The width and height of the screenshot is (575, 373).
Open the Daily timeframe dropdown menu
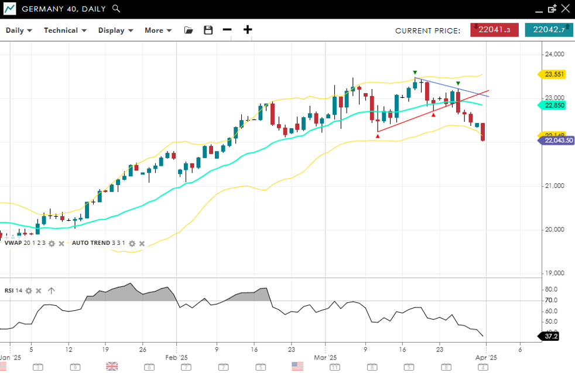click(19, 30)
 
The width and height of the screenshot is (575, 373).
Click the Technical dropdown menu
click(65, 30)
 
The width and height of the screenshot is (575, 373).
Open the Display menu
click(115, 30)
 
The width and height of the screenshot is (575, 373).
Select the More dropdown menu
click(158, 30)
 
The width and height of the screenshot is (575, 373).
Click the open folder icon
click(189, 30)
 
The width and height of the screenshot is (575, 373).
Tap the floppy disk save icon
click(208, 30)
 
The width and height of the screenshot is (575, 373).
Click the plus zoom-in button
click(248, 30)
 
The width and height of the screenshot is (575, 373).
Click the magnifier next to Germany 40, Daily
click(117, 9)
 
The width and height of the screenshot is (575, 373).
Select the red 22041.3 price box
click(494, 30)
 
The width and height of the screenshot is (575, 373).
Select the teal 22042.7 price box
click(549, 30)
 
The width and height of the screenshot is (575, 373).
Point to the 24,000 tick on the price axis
click(554, 54)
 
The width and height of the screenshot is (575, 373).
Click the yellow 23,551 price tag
click(554, 74)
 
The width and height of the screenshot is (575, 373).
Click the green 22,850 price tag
click(554, 105)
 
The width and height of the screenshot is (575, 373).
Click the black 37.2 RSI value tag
click(551, 337)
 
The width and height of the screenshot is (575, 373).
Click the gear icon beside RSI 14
click(28, 290)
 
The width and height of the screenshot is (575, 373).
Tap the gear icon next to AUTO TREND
click(132, 243)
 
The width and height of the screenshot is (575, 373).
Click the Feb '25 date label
click(176, 357)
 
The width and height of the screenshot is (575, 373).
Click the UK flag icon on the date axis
click(112, 367)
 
